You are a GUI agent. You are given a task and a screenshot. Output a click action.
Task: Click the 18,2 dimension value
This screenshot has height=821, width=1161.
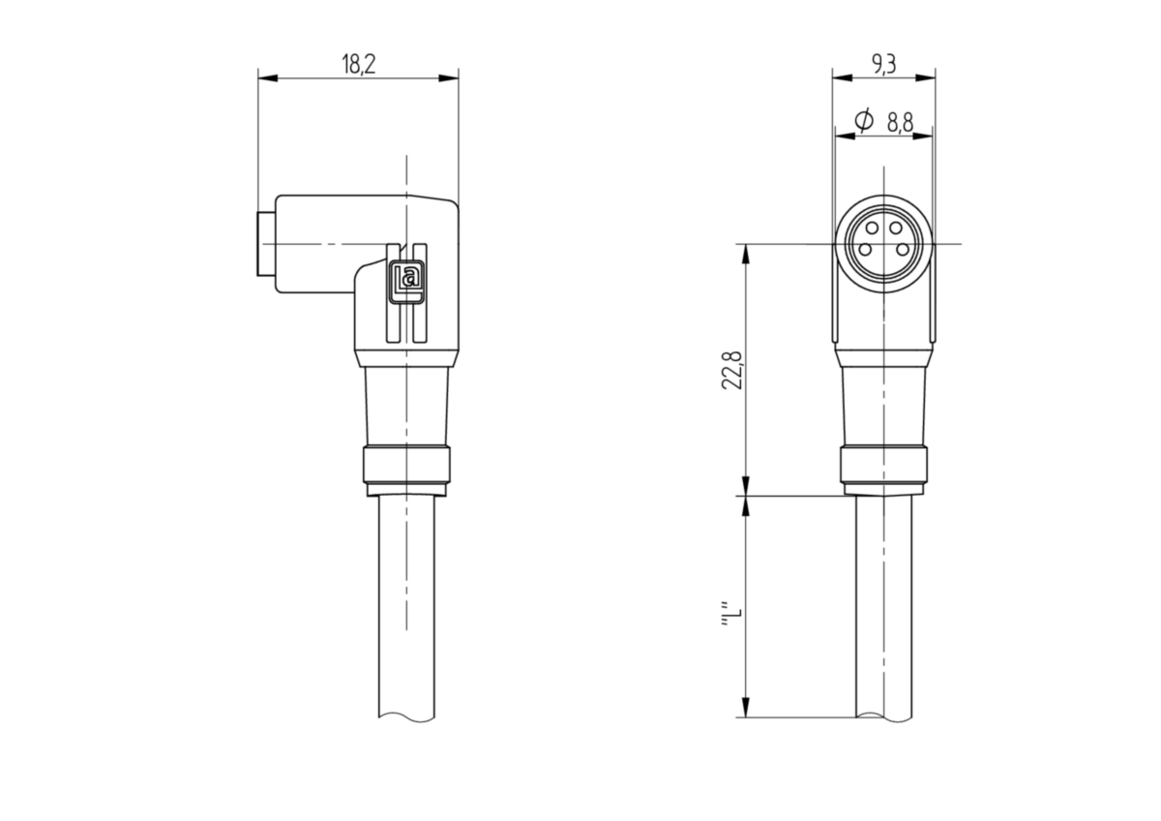(x=358, y=64)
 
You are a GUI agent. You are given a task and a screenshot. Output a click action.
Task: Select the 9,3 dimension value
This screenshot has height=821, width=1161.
(x=883, y=64)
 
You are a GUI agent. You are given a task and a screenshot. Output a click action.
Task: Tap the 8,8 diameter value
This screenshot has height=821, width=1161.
(x=901, y=123)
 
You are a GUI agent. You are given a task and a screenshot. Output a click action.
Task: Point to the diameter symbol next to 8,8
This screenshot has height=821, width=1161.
(x=864, y=121)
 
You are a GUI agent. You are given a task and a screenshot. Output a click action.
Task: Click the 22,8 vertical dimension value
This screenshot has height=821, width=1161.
(x=732, y=370)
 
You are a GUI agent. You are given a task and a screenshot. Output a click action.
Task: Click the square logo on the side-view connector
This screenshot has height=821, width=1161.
(x=407, y=280)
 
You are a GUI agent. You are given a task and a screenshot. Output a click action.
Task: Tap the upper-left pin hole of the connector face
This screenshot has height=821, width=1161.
(x=873, y=228)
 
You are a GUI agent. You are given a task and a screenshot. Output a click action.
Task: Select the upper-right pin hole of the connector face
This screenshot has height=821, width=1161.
(x=895, y=228)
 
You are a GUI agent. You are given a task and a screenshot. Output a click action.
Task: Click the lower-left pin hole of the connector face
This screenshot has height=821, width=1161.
(x=865, y=250)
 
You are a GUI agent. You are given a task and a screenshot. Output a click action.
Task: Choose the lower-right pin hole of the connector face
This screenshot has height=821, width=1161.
(x=903, y=250)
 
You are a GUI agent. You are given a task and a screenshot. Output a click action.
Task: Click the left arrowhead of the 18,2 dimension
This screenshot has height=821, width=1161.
(x=269, y=78)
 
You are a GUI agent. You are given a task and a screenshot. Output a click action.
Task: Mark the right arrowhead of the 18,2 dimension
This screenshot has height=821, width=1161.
(x=448, y=78)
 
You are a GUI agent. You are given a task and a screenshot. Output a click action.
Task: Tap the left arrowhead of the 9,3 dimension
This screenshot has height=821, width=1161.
(x=843, y=78)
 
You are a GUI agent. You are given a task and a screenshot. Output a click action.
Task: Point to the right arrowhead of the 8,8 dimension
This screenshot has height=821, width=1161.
(x=922, y=136)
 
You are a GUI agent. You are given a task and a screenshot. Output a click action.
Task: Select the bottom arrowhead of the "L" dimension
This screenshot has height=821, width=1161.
(x=746, y=708)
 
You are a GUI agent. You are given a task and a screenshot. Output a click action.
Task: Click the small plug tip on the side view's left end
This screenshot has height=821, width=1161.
(x=265, y=244)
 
